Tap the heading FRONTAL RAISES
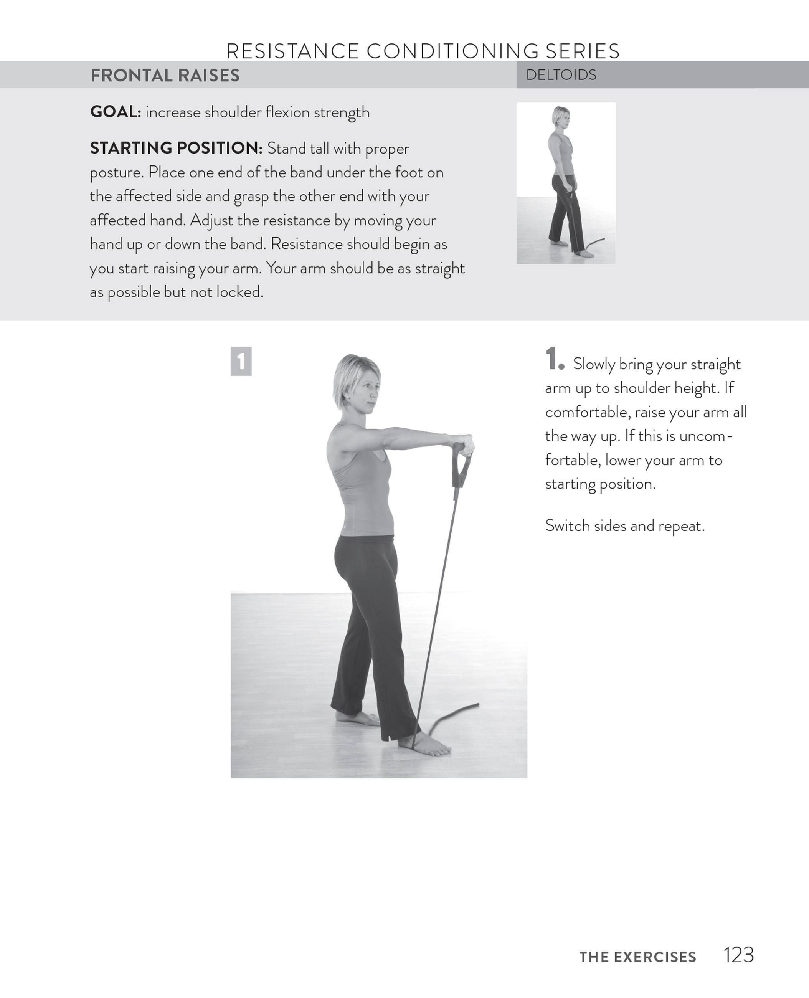(x=165, y=75)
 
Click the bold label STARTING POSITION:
(x=176, y=148)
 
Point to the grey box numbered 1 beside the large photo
(x=241, y=361)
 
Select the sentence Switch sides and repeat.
(x=624, y=526)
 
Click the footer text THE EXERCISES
(x=637, y=957)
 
